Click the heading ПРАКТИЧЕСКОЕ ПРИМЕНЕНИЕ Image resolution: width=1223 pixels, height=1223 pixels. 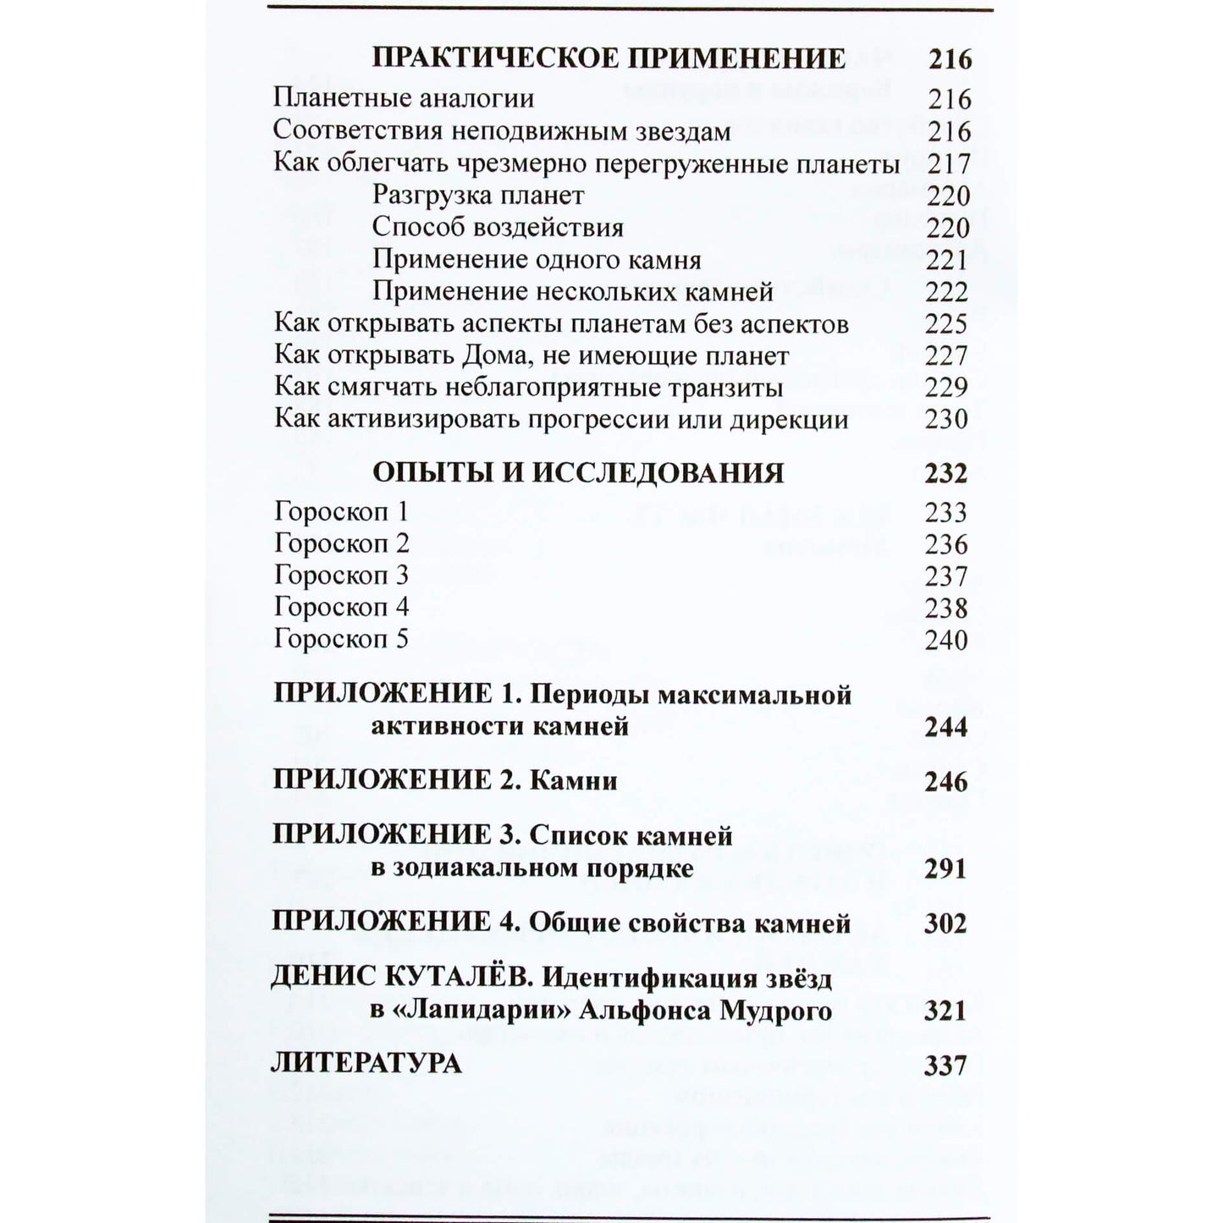(x=609, y=58)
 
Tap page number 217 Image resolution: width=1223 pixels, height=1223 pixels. (x=949, y=163)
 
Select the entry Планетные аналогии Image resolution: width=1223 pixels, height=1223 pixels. (x=404, y=98)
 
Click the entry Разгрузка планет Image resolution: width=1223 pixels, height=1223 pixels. (x=478, y=196)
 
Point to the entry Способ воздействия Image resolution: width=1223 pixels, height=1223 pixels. (x=498, y=228)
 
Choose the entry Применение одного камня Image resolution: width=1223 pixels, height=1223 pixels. (x=537, y=259)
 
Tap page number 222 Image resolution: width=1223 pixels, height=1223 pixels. (x=947, y=292)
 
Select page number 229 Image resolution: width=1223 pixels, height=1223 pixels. (x=947, y=388)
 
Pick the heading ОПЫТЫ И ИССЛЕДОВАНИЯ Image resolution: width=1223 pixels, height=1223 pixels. (x=578, y=472)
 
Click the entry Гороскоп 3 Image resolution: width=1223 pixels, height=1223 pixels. (x=341, y=576)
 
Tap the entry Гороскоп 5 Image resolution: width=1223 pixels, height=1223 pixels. (x=341, y=639)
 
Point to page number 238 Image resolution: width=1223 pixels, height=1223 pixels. (x=947, y=608)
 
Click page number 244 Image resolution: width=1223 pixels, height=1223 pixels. (x=946, y=727)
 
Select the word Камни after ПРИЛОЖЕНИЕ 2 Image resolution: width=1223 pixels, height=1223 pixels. (x=573, y=780)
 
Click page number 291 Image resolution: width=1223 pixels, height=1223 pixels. (x=945, y=869)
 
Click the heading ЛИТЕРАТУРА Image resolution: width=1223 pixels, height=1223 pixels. (x=366, y=1064)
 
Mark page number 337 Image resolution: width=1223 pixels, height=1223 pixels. (x=945, y=1066)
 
